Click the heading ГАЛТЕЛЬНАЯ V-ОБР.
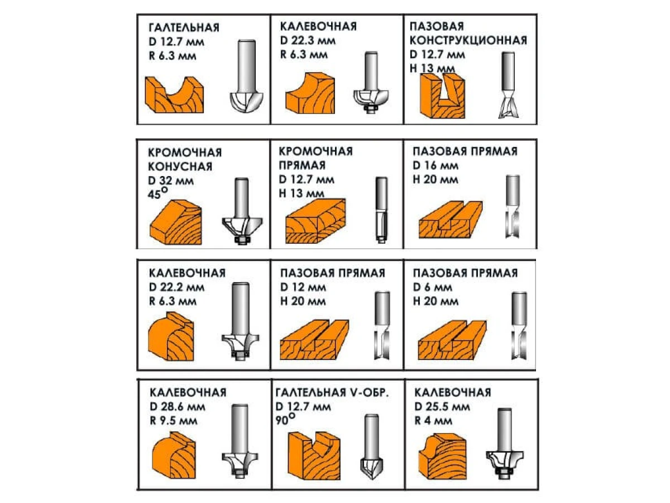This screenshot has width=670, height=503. coord(332,392)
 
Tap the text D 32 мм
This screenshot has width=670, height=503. coord(171,181)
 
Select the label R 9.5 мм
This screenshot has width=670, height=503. coord(174,421)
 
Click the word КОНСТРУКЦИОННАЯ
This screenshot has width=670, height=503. coord(468,40)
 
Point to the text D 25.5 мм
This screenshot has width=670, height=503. coord(442,406)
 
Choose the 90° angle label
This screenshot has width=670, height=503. coord(285,419)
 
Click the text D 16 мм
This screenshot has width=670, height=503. coord(435,165)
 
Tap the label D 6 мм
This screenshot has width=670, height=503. coord(433,287)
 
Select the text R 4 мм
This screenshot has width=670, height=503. coord(433,421)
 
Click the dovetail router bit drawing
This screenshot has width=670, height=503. coord(508,85)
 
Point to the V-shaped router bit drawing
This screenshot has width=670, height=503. coord(372,450)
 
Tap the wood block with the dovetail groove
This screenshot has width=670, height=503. coord(442,96)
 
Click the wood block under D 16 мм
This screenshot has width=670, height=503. coord(451,219)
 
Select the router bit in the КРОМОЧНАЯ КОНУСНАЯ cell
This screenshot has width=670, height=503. coord(242,211)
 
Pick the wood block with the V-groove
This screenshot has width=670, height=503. coord(314,455)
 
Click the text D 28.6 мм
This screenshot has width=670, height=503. coord(178,406)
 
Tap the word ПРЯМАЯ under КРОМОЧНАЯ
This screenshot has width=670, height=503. coord(302,165)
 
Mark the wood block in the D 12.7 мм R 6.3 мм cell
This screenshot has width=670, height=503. coord(174,94)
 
